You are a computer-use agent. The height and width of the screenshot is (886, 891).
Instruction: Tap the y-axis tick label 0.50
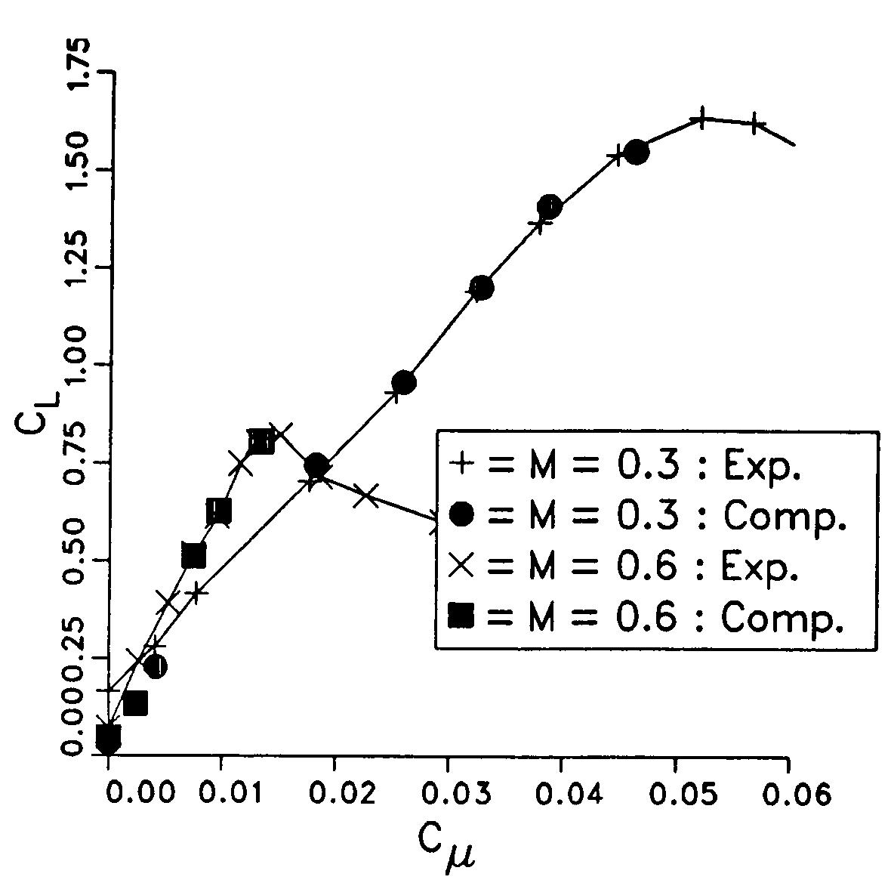click(79, 559)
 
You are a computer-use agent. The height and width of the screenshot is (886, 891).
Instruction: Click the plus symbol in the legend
click(461, 465)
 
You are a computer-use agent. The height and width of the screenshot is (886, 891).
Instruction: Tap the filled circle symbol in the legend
click(461, 515)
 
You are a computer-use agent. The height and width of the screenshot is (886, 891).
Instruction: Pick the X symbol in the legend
click(461, 566)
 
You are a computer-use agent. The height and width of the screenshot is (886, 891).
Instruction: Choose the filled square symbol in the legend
click(461, 617)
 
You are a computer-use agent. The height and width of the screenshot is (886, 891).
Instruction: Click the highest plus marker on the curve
click(701, 119)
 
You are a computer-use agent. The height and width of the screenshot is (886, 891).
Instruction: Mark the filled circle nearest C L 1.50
click(636, 152)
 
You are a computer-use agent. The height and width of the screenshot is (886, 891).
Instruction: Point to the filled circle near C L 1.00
click(404, 383)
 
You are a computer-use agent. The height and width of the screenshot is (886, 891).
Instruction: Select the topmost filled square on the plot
click(261, 441)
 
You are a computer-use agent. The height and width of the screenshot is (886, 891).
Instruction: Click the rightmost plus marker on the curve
click(755, 124)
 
